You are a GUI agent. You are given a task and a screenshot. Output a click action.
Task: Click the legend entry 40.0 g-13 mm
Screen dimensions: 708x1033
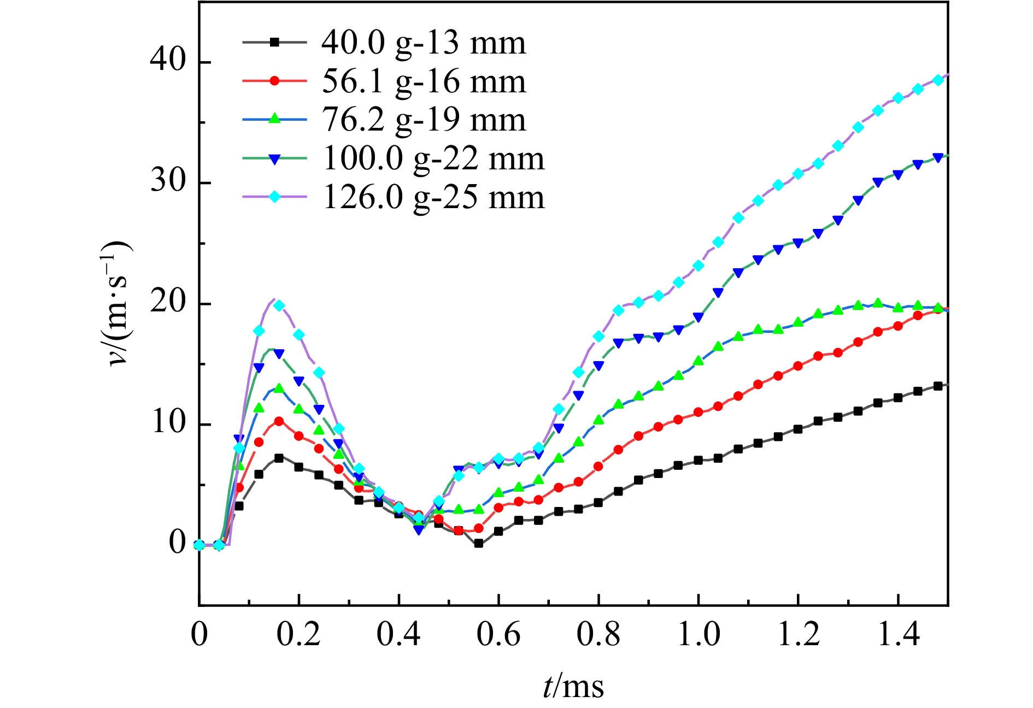(423, 43)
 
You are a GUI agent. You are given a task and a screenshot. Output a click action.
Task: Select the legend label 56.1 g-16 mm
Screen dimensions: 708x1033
(423, 81)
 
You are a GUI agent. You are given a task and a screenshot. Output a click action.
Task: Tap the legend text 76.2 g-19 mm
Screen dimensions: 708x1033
(423, 120)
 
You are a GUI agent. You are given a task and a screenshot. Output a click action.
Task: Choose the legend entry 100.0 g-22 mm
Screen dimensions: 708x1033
(433, 158)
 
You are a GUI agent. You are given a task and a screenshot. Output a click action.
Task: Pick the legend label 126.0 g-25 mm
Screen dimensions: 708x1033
(433, 197)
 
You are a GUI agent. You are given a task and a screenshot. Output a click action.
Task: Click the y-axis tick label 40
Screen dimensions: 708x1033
(168, 58)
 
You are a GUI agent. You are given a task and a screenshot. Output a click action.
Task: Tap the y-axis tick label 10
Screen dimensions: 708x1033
(168, 422)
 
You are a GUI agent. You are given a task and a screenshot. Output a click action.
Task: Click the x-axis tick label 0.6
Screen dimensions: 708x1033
(498, 635)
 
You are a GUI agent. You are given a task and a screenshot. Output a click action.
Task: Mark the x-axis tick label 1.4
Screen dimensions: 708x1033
(898, 635)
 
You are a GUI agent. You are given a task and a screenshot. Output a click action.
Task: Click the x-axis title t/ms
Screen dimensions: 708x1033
(573, 687)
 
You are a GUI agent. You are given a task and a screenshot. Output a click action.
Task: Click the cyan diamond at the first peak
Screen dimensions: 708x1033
(279, 305)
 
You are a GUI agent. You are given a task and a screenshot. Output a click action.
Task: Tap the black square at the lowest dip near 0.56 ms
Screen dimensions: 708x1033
(479, 544)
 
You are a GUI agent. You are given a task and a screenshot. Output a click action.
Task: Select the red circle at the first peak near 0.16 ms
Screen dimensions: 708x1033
(279, 421)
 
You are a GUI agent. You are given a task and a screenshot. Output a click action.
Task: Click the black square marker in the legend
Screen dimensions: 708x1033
(275, 42)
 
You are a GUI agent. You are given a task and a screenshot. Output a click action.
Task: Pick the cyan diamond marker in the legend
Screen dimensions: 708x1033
(275, 197)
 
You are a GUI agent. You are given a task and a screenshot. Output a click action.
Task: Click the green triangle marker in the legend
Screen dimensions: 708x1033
(275, 120)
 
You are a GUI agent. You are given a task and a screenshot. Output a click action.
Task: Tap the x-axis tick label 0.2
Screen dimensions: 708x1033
(298, 635)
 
